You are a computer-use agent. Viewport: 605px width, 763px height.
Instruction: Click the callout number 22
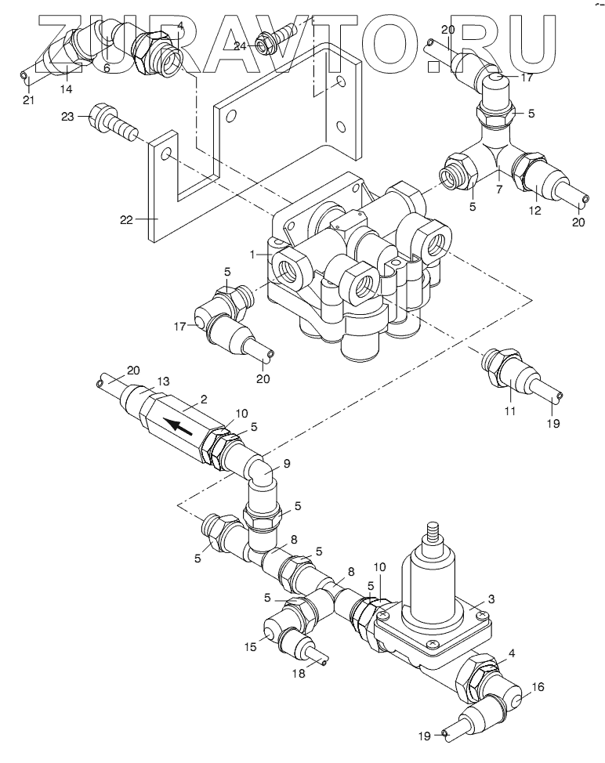tap(126, 220)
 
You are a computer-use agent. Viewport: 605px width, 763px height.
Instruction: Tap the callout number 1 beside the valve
tap(252, 255)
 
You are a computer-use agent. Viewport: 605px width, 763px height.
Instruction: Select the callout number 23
tap(67, 117)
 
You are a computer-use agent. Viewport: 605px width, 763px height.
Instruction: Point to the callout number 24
tap(240, 46)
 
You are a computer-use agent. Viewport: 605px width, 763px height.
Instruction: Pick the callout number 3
tap(491, 599)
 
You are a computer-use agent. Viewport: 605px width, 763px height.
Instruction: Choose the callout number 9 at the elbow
tap(287, 464)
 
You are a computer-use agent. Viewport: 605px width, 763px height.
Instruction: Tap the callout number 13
tap(164, 381)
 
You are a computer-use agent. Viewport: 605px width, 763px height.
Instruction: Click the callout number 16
tap(538, 687)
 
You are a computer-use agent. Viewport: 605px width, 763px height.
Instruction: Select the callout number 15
tap(250, 647)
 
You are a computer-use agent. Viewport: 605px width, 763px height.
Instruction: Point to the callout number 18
tap(299, 674)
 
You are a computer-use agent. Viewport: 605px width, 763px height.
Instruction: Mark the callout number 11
tap(509, 412)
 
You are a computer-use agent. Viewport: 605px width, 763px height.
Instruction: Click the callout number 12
tap(535, 211)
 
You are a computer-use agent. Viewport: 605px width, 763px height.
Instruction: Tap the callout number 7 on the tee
tap(499, 190)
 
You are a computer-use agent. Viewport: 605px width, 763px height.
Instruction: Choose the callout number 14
tap(66, 89)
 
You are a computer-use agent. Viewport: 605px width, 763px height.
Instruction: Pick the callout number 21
tap(29, 101)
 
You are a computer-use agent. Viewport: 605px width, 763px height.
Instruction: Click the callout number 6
tap(107, 69)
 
